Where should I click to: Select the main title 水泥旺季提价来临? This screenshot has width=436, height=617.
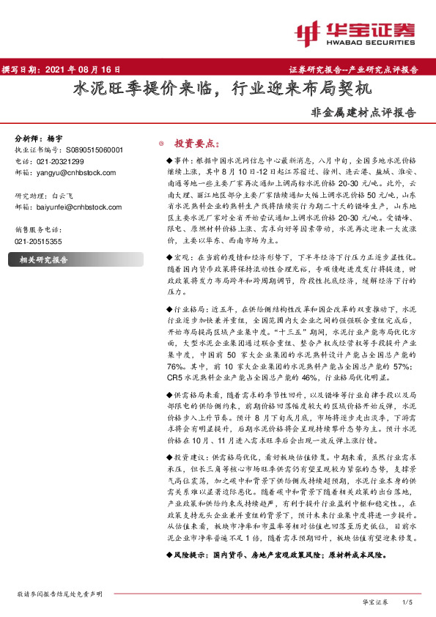pyautogui.click(x=143, y=90)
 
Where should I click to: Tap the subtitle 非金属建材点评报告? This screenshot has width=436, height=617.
pyautogui.click(x=363, y=114)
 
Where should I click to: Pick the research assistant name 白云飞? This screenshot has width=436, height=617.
pyautogui.click(x=63, y=196)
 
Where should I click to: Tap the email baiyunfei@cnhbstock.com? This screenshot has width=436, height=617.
pyautogui.click(x=73, y=208)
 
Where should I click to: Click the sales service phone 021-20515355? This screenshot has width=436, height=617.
pyautogui.click(x=39, y=240)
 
